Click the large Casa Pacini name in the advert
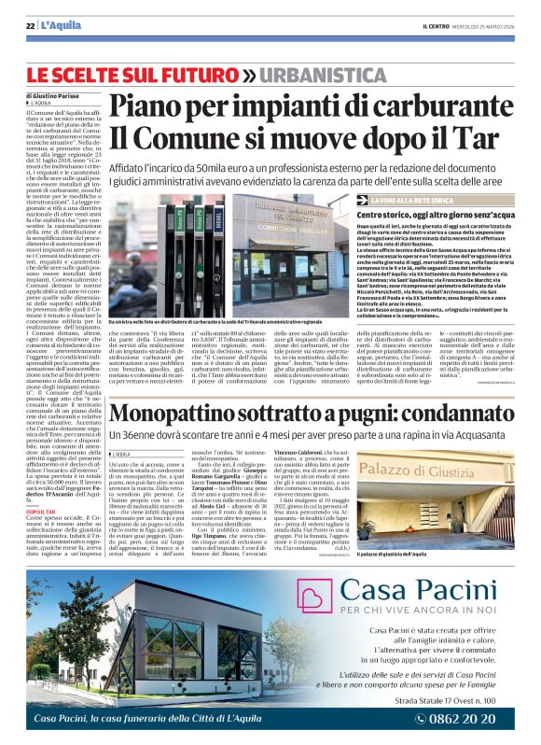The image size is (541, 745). (410, 591)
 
